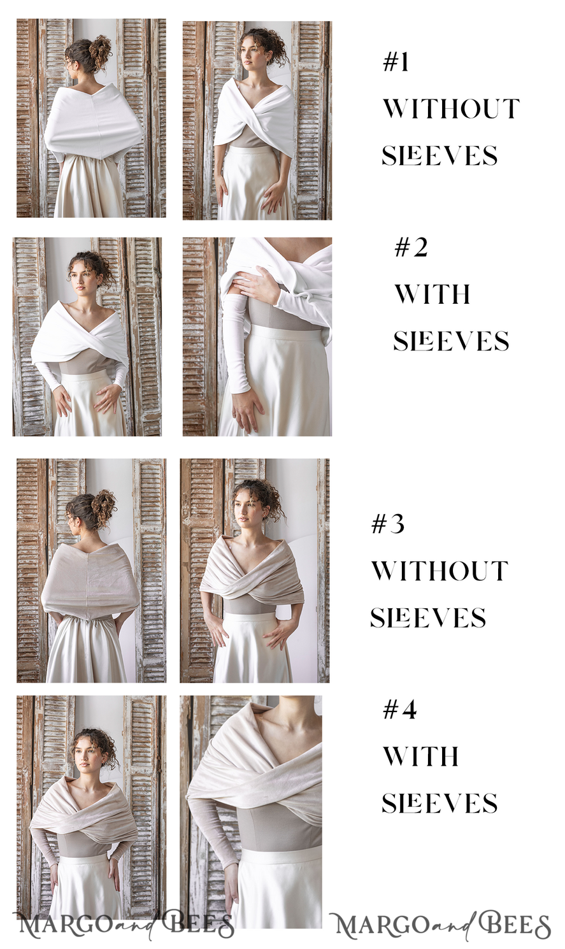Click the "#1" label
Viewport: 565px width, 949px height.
click(x=396, y=62)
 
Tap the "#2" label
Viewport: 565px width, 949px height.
click(x=411, y=247)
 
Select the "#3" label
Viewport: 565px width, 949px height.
click(x=388, y=524)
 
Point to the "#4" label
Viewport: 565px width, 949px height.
click(x=399, y=710)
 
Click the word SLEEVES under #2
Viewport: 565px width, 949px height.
click(x=451, y=341)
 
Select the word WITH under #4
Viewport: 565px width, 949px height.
click(x=420, y=756)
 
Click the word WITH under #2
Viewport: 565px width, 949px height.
click(x=433, y=294)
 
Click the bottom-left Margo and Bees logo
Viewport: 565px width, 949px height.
click(x=124, y=925)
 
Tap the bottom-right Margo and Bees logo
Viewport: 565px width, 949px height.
click(x=441, y=926)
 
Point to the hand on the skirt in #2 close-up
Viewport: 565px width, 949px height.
click(x=245, y=408)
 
